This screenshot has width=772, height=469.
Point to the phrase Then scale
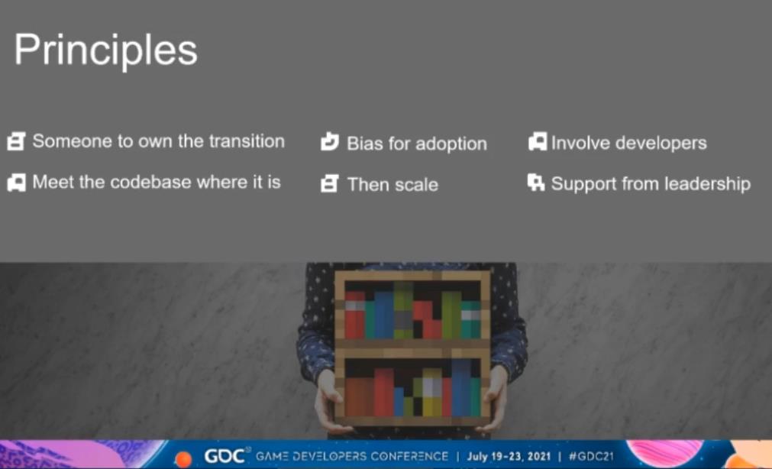[392, 185]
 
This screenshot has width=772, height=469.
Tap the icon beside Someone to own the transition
[16, 141]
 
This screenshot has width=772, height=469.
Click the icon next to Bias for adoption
[329, 142]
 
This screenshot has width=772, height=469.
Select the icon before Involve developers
[538, 142]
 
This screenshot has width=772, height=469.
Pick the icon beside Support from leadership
[536, 183]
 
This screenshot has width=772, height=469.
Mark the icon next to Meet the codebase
[16, 183]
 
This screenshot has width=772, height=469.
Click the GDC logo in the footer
[224, 456]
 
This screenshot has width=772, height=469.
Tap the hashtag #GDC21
[591, 456]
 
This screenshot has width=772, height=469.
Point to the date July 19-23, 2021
[509, 456]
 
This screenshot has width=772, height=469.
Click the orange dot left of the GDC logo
[183, 459]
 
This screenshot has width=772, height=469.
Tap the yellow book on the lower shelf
[432, 393]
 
